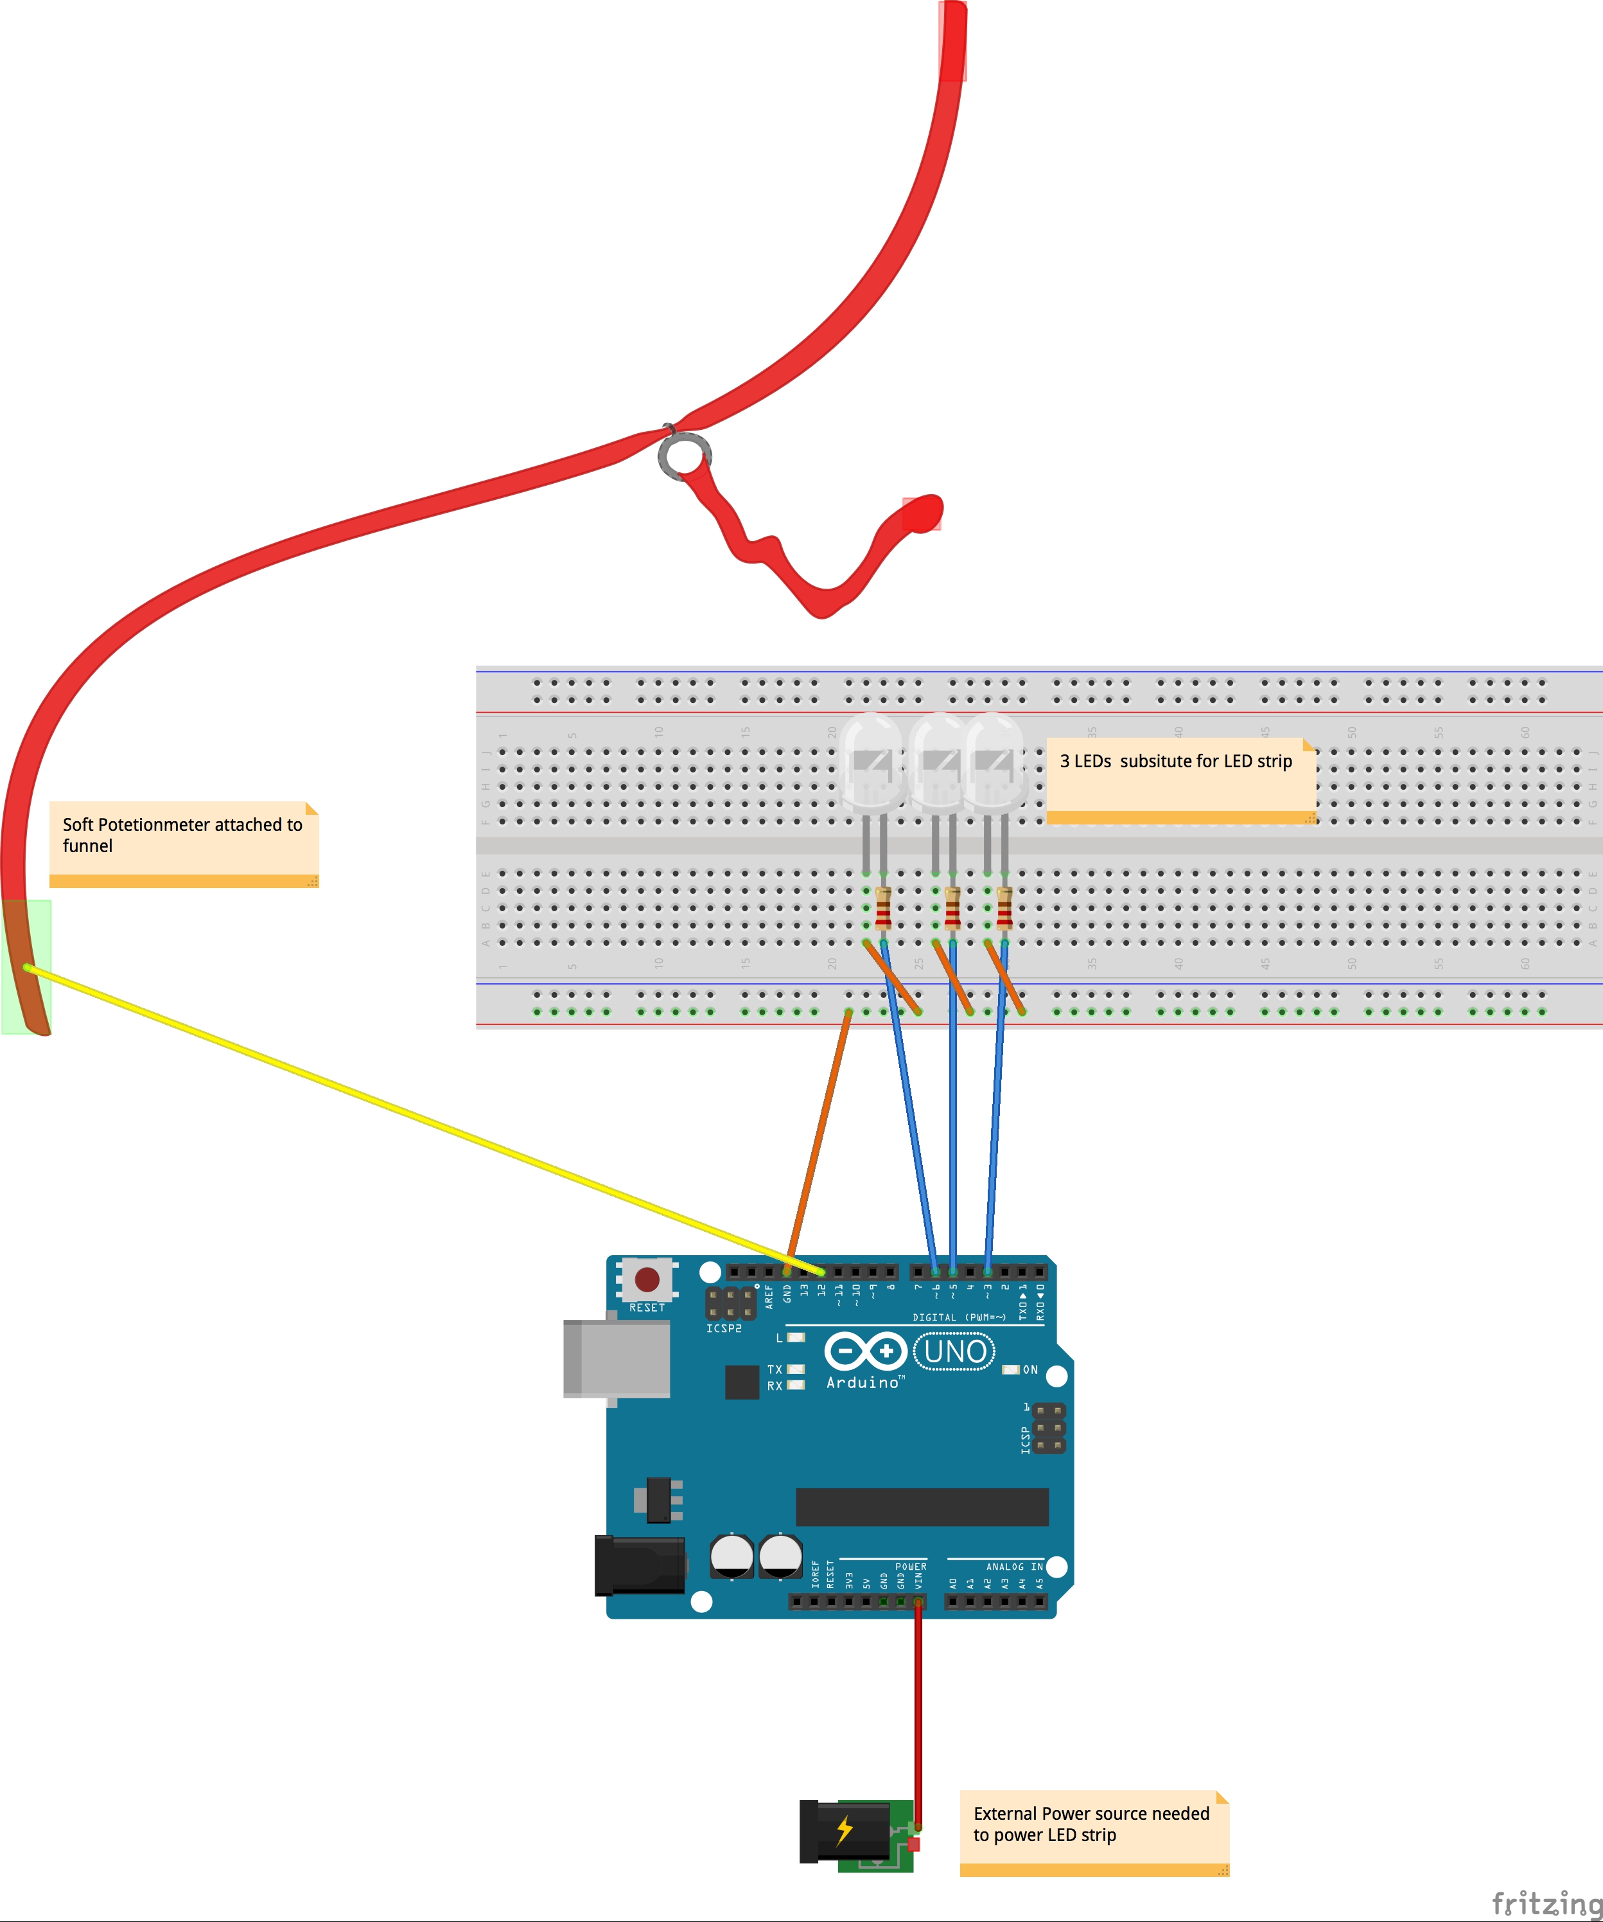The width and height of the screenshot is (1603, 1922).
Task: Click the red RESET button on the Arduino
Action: (x=647, y=1279)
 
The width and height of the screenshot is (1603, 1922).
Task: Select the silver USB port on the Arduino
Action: (x=617, y=1359)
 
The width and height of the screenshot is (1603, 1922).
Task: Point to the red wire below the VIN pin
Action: (x=918, y=1721)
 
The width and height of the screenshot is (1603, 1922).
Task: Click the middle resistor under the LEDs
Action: (x=952, y=908)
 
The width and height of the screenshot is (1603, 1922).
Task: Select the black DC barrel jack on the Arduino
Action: (x=640, y=1565)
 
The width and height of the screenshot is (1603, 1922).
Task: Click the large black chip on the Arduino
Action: (x=922, y=1506)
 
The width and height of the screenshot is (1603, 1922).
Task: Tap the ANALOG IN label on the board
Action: (x=1014, y=1567)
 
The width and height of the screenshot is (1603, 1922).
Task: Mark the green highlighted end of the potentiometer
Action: (x=26, y=966)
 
